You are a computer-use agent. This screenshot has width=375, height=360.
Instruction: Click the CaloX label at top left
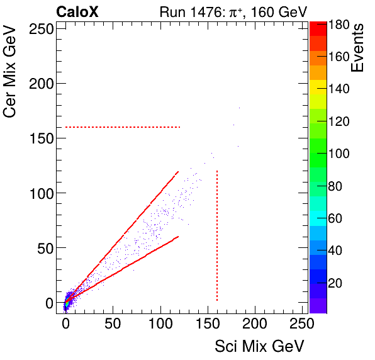coord(77,12)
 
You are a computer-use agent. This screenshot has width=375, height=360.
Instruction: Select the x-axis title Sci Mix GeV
coord(259,346)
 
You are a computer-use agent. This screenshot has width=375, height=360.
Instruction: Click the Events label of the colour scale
coord(359,47)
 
